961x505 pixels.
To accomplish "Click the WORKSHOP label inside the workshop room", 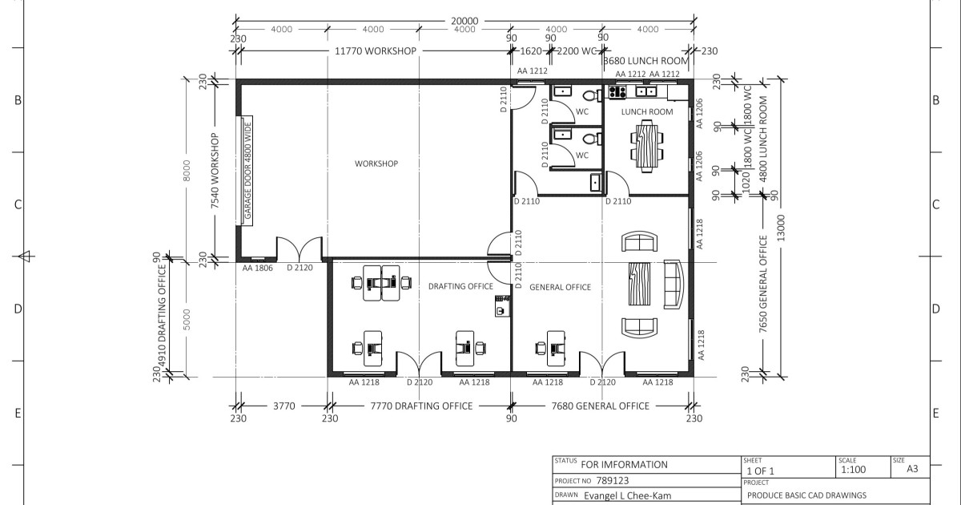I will (x=376, y=164).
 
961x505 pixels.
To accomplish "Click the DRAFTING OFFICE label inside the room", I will (x=460, y=286).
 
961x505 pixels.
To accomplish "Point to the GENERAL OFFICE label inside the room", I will (x=561, y=287).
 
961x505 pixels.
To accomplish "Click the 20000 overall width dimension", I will (x=464, y=22).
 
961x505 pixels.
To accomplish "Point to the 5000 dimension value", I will (x=187, y=321).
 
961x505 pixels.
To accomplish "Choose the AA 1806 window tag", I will (x=258, y=268).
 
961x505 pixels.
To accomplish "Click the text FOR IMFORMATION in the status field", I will (x=624, y=464).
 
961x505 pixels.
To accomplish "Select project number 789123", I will (x=614, y=481).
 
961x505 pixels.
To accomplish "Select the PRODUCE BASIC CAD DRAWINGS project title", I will (x=806, y=495).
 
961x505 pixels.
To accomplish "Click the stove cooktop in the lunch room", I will (x=617, y=91).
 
